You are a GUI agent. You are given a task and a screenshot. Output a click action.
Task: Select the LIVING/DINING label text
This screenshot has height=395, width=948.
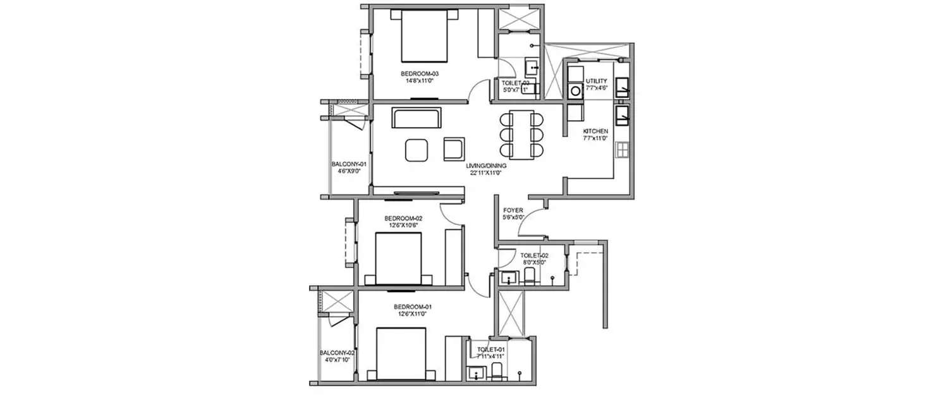pos(486,166)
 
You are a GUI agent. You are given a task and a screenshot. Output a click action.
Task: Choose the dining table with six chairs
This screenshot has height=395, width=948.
pos(521,134)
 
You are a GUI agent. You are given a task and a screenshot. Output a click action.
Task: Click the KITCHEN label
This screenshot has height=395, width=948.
pos(595,131)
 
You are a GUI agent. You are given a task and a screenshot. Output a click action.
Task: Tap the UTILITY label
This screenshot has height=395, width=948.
pos(596,81)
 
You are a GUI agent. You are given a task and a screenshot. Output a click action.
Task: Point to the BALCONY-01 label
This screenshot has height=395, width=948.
pos(349,164)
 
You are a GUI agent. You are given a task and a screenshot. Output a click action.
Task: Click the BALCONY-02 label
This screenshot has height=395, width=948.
pos(336,353)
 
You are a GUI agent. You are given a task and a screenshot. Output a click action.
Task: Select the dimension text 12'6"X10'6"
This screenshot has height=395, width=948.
pos(403,226)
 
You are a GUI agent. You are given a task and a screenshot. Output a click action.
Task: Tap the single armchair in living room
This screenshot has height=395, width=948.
pos(454,149)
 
